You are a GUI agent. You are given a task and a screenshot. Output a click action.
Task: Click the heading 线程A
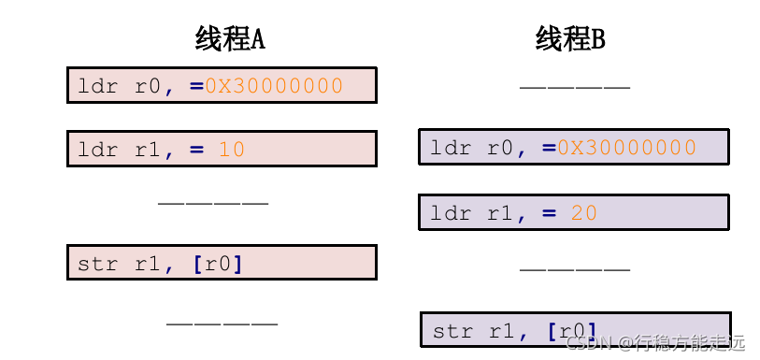click(x=230, y=39)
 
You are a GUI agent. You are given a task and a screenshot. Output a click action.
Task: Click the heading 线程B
click(x=570, y=39)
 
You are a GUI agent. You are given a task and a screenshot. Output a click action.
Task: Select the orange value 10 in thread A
click(x=231, y=149)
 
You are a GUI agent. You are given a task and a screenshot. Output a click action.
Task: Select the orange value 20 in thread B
click(x=583, y=213)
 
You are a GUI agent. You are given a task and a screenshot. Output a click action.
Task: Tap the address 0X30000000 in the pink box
click(x=274, y=86)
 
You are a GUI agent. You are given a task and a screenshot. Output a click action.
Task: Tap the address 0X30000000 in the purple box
click(x=626, y=148)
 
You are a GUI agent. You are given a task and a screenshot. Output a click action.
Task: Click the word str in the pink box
click(x=98, y=264)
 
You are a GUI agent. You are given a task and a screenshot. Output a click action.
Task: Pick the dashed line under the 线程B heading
click(x=574, y=88)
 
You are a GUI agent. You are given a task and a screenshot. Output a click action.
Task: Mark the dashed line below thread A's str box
click(x=222, y=324)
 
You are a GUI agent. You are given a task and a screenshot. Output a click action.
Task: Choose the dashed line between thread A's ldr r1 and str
click(x=213, y=202)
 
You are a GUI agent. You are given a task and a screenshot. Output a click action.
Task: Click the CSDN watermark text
click(x=654, y=342)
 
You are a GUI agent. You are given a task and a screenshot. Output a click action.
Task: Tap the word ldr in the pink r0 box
click(x=98, y=86)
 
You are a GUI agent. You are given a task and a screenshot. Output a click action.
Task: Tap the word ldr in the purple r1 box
click(x=451, y=213)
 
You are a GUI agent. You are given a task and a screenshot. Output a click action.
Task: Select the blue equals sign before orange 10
click(x=196, y=149)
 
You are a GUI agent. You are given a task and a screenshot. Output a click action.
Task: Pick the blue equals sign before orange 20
click(x=549, y=213)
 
